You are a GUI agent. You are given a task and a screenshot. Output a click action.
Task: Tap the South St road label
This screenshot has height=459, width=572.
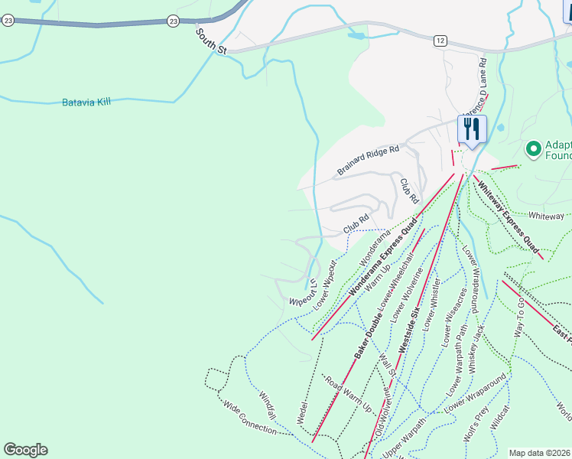pos(212,41)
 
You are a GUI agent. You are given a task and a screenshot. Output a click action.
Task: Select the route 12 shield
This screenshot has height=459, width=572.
pos(440,40)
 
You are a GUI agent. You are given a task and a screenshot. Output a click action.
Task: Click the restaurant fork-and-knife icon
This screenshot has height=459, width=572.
pos(472,128)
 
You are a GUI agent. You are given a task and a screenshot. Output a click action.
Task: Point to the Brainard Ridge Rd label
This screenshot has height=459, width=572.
pos(369,161)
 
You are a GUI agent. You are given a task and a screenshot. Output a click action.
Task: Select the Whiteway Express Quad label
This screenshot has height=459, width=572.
pos(506,212)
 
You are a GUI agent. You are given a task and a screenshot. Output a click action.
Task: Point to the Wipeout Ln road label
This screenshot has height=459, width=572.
pos(302,289)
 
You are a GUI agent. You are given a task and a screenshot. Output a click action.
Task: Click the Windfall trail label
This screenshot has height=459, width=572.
pos(271,402)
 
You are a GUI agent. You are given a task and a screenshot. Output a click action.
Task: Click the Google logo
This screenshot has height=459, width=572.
pos(25,449)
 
